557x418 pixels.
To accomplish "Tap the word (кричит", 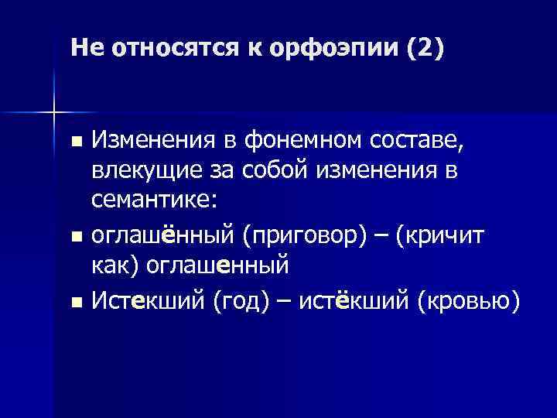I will (x=440, y=235).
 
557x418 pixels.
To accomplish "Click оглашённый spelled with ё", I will (x=163, y=235).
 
